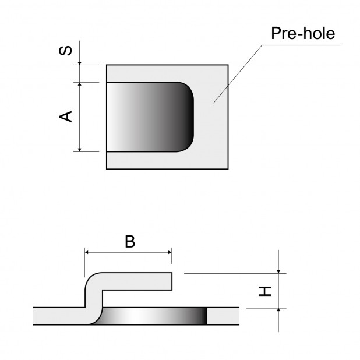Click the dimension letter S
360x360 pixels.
(68, 51)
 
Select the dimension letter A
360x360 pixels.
(68, 116)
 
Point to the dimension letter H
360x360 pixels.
(266, 290)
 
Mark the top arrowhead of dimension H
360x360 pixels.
(279, 269)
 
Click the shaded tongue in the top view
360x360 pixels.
(149, 117)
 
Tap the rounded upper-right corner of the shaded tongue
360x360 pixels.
(188, 89)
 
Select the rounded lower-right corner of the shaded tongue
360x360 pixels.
(188, 145)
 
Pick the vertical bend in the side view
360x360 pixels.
(91, 297)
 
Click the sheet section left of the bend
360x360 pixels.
(58, 315)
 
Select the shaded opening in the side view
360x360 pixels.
(151, 315)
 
